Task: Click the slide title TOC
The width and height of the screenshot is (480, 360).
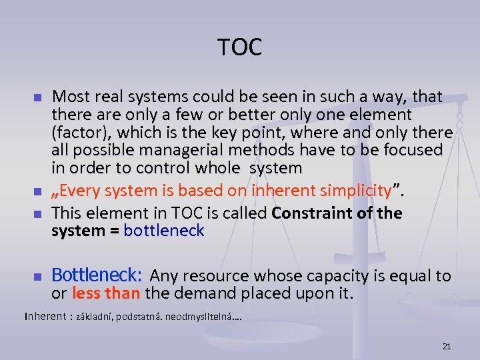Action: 240,47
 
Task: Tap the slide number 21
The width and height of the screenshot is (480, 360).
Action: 447,346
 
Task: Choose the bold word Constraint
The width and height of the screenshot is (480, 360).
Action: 310,213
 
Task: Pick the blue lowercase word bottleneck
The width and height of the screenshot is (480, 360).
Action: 164,231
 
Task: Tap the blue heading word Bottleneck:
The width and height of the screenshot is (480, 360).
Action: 97,275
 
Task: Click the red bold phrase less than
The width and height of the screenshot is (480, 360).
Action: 105,293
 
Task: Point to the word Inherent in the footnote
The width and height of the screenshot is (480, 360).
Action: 45,316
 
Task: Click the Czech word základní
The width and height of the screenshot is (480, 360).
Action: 95,317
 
